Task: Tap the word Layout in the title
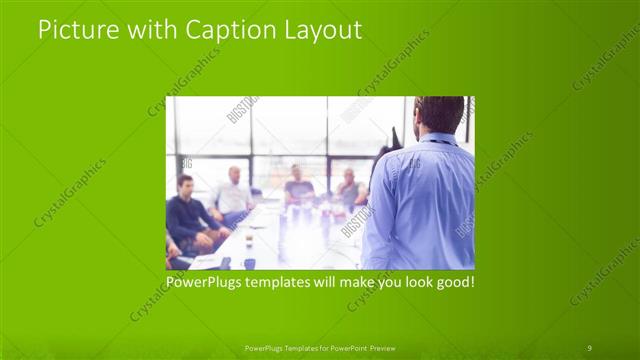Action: click(x=321, y=31)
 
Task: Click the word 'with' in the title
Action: click(x=151, y=31)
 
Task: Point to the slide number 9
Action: click(x=589, y=347)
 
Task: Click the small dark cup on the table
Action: click(x=249, y=262)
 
